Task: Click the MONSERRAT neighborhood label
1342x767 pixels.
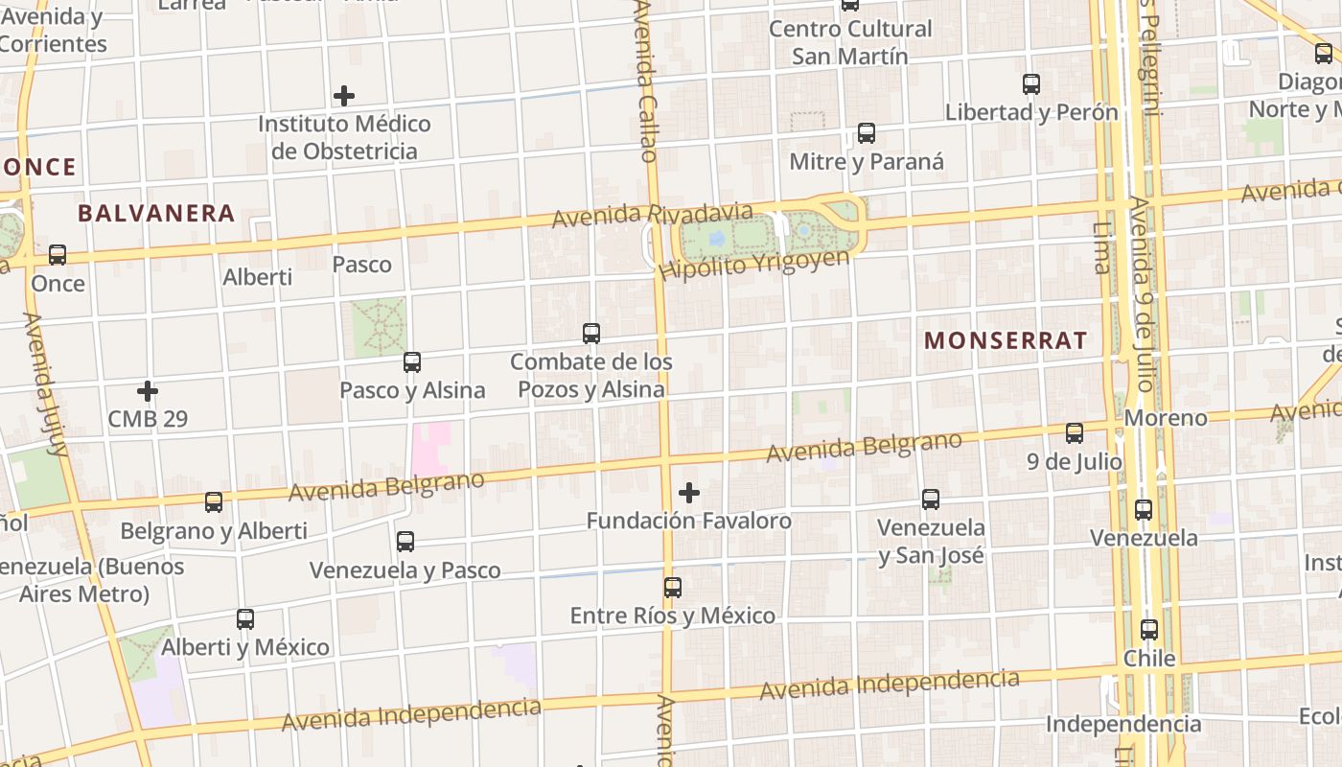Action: click(1006, 340)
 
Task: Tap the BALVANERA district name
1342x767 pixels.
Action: click(156, 213)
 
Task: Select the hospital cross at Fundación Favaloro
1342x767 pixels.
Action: click(689, 493)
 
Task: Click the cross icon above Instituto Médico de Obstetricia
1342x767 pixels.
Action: click(344, 96)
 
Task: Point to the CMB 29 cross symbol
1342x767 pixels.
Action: click(148, 391)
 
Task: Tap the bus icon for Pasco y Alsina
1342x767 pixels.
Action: click(412, 362)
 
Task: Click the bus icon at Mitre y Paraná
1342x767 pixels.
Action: click(867, 133)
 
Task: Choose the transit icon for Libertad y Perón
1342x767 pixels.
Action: click(1031, 84)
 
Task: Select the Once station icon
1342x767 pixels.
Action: click(58, 255)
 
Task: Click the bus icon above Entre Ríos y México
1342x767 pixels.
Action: click(673, 587)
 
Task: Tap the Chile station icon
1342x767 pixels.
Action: click(1149, 630)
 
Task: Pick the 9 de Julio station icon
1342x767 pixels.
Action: click(1075, 433)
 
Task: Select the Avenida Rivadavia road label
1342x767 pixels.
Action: click(652, 215)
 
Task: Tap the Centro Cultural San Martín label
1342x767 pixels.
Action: click(850, 42)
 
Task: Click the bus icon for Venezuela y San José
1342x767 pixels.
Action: click(931, 499)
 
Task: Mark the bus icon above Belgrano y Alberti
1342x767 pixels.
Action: click(214, 501)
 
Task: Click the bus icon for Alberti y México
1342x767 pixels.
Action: click(245, 618)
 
